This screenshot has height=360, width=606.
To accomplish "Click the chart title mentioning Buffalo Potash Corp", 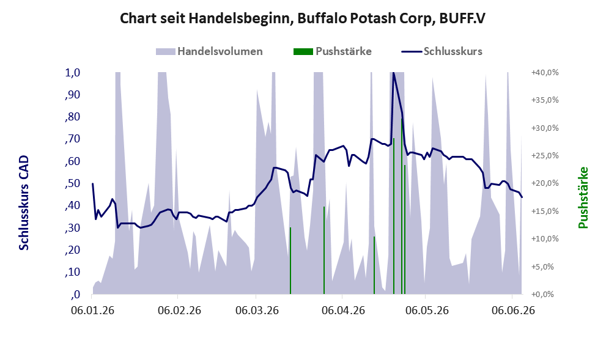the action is click(302, 18).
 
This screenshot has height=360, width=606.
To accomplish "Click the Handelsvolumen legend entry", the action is click(209, 51).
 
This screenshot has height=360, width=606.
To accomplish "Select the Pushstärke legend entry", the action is click(333, 51).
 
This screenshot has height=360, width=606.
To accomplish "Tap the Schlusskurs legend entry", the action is click(442, 51).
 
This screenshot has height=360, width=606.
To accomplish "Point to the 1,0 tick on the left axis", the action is click(72, 73).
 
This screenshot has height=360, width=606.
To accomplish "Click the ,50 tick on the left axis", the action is click(72, 183).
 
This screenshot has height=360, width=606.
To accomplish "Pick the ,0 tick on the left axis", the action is click(75, 295).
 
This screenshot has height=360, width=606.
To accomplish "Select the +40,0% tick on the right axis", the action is click(545, 73).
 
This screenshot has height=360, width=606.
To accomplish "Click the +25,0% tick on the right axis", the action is click(545, 156).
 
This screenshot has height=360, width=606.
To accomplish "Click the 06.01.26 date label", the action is click(93, 310).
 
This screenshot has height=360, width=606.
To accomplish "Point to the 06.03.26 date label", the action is click(257, 310).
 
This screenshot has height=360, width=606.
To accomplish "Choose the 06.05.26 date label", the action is click(427, 310).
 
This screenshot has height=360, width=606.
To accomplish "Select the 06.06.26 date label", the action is click(513, 310).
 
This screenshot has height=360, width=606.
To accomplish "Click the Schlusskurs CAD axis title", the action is click(24, 203).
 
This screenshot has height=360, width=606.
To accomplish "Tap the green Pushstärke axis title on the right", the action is click(583, 197).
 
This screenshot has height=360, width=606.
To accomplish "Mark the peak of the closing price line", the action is click(393, 73).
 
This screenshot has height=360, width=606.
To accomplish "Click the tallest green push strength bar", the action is click(402, 206).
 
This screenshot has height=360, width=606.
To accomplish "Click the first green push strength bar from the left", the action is click(290, 261).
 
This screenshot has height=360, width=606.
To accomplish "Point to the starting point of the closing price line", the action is click(93, 183).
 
